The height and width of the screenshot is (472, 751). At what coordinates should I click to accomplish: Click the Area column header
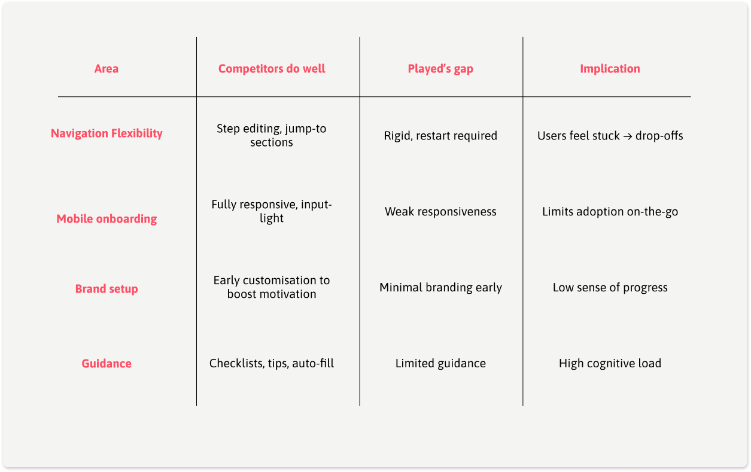[107, 69]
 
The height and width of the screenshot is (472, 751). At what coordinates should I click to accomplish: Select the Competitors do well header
[272, 69]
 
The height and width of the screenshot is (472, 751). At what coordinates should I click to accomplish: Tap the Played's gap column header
[440, 69]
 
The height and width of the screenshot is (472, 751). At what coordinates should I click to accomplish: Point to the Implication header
[610, 69]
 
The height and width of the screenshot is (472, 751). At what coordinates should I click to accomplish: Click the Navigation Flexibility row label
[107, 133]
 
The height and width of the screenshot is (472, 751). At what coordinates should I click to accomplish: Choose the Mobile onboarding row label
[107, 219]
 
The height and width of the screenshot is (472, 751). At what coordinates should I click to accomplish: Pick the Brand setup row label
[107, 289]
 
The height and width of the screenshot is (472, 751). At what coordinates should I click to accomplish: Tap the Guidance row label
[107, 364]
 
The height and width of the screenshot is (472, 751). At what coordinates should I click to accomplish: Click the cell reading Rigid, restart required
[440, 136]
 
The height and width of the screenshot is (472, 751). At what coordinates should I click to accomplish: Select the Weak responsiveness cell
[440, 212]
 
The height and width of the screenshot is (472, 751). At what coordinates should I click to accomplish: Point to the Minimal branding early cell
[440, 288]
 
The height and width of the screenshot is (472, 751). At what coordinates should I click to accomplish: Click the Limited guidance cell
[440, 364]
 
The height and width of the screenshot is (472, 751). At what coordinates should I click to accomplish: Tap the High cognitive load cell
[610, 364]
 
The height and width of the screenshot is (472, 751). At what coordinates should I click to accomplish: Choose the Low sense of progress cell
[610, 288]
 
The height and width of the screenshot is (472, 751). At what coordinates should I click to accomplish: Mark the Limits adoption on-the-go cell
[610, 212]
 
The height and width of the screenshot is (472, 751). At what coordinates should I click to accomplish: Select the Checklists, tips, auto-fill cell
[272, 364]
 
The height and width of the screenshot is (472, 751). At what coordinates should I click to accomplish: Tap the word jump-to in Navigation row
[307, 129]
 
